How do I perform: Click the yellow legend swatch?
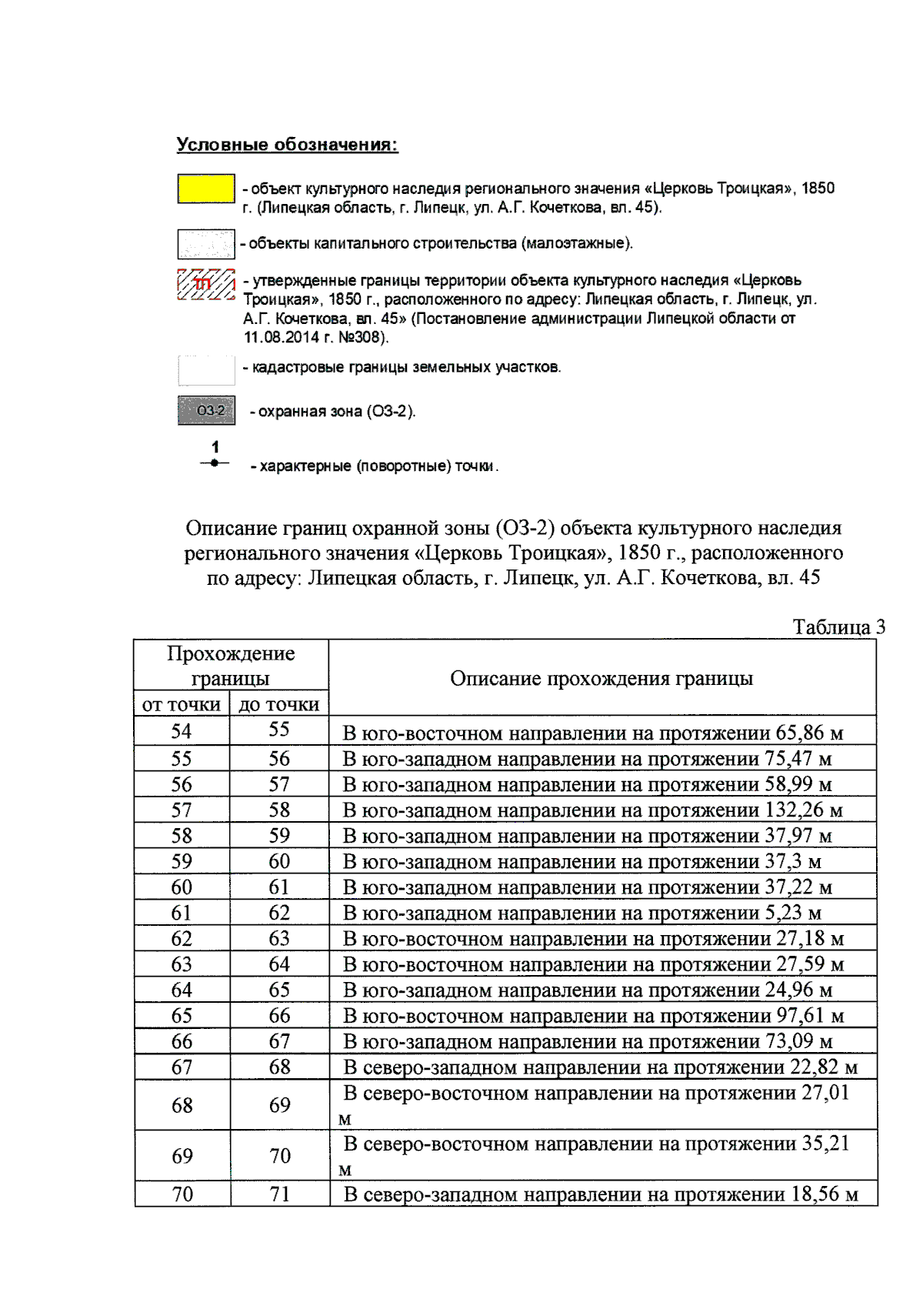click(206, 189)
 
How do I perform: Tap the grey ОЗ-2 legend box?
click(206, 410)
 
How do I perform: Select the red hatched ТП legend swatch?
click(206, 284)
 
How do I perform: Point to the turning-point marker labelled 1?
click(215, 463)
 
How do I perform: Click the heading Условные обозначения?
click(287, 145)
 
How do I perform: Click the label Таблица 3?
click(838, 626)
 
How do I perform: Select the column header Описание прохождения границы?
click(601, 678)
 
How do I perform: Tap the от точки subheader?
click(182, 703)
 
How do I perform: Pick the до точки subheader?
click(278, 703)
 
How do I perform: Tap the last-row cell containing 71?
click(279, 1194)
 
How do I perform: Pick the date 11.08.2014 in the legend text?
click(278, 337)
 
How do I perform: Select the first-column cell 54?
click(182, 731)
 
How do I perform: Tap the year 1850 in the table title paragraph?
click(639, 553)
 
